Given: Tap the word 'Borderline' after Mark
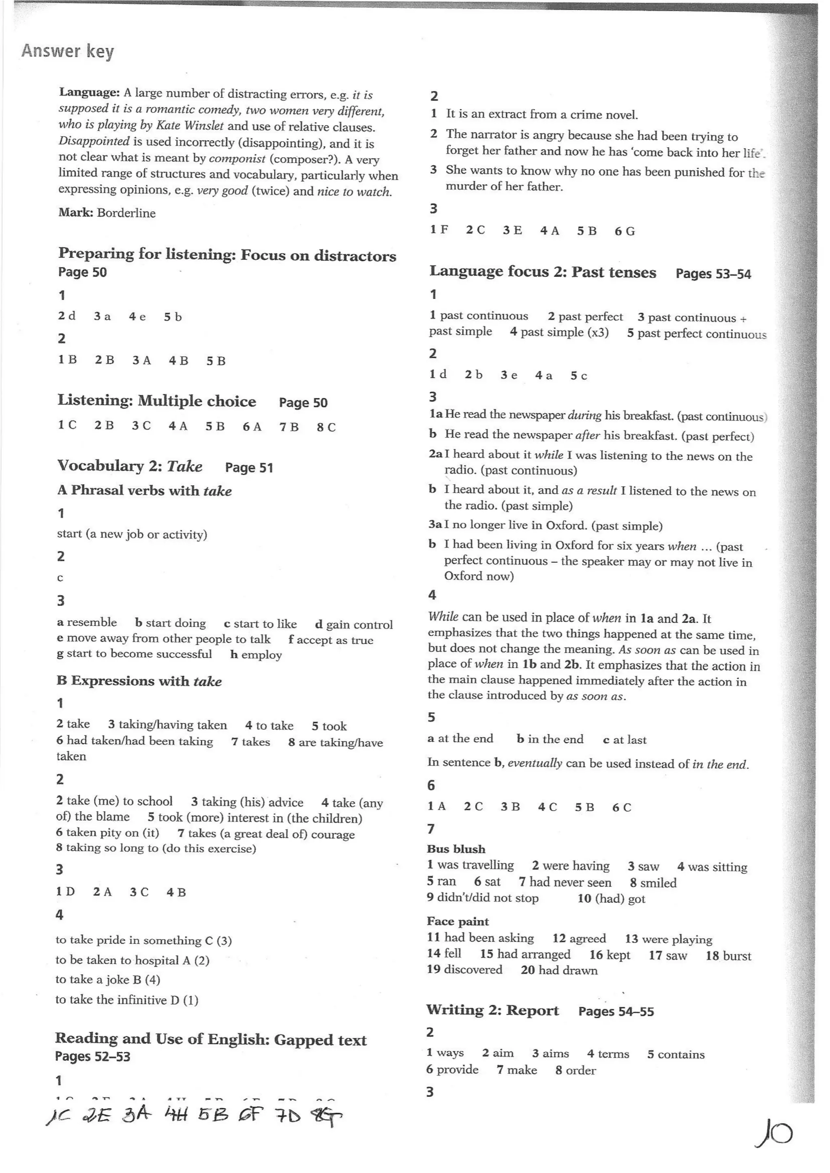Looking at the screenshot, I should [x=126, y=213].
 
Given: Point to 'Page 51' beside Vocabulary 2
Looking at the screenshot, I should [x=249, y=467].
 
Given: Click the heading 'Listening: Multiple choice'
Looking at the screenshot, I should [x=156, y=401].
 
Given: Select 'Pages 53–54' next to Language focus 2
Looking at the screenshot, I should [x=713, y=274].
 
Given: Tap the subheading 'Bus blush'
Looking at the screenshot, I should [x=456, y=849].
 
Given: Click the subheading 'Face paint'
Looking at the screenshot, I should [x=458, y=922].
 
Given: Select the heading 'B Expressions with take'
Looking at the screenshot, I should [x=139, y=681].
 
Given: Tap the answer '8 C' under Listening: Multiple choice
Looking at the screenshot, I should [x=326, y=427].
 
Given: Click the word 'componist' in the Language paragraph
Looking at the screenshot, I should [x=237, y=159].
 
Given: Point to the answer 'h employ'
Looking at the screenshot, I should [x=256, y=655].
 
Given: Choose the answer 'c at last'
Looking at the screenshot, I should [x=625, y=740].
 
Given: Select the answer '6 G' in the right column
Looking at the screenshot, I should [x=625, y=231].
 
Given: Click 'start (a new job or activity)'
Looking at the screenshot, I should [x=132, y=534].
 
